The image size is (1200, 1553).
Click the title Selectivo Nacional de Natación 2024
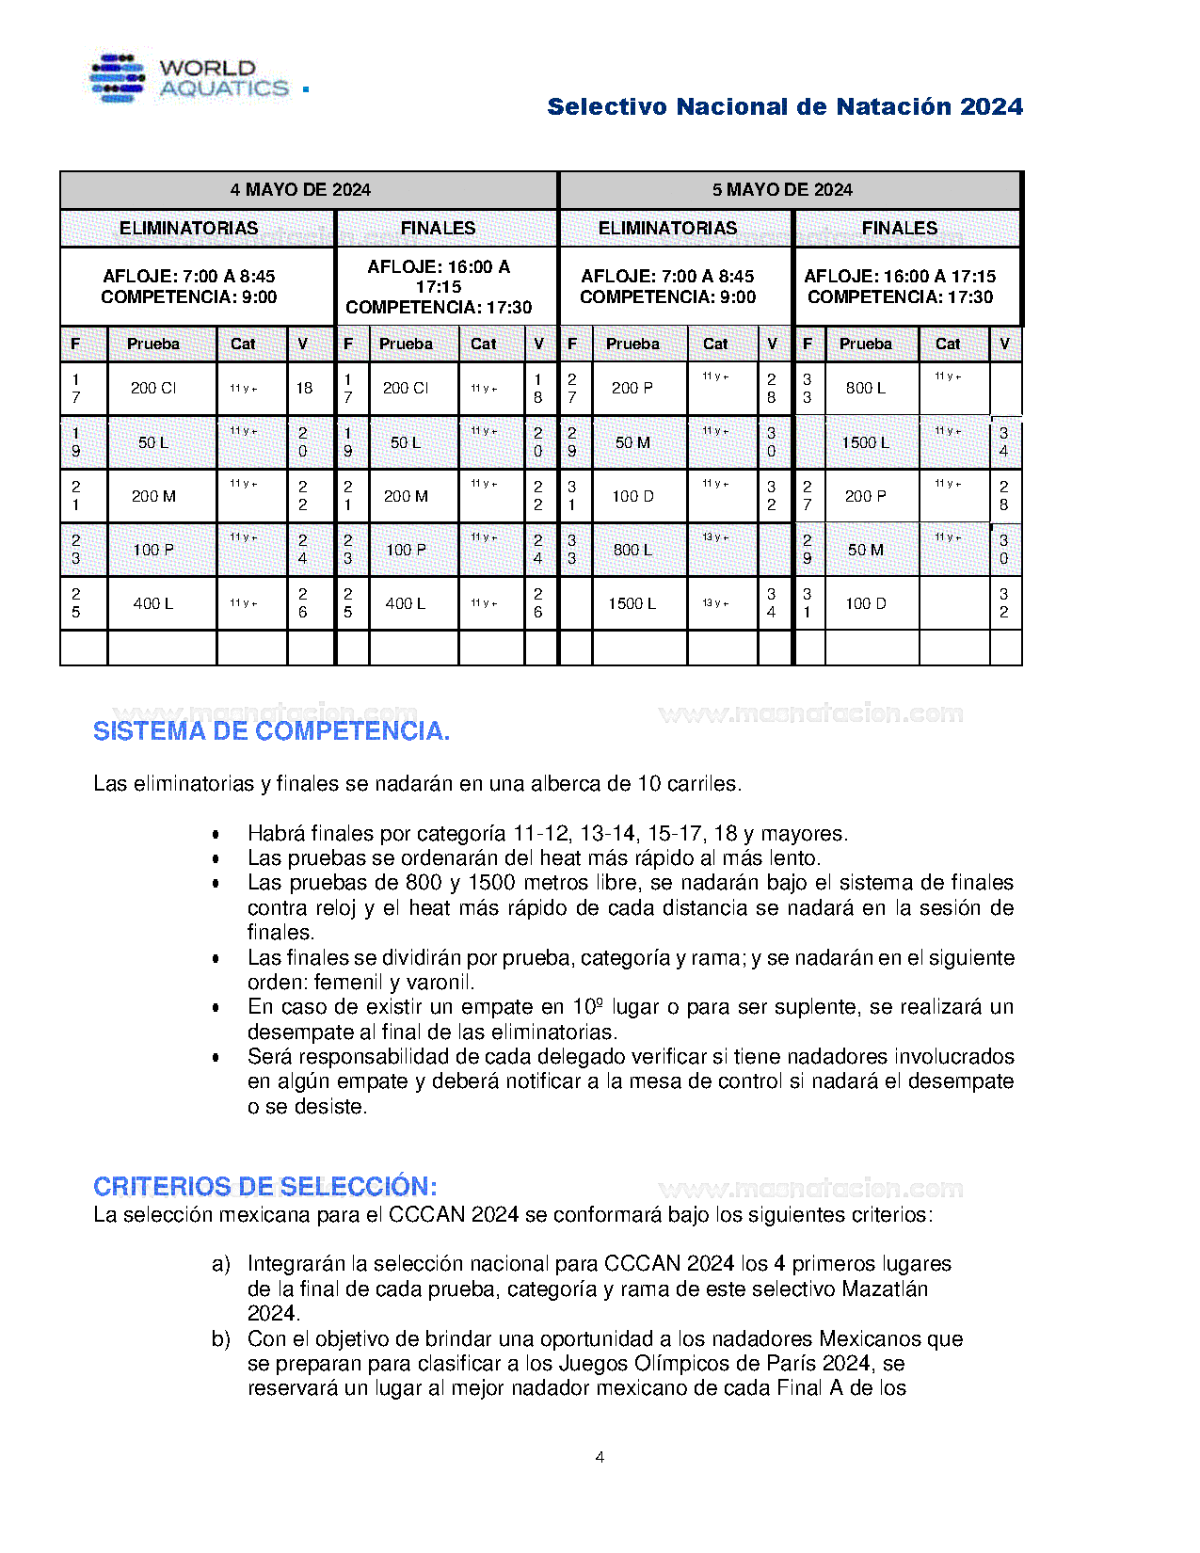click(x=784, y=107)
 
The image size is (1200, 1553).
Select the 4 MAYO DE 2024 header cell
click(x=300, y=190)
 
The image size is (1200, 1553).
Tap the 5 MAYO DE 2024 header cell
click(x=782, y=190)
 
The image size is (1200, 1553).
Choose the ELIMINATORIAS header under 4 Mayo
click(x=188, y=229)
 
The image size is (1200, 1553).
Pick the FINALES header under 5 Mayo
click(x=899, y=229)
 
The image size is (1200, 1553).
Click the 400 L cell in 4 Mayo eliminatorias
click(x=153, y=603)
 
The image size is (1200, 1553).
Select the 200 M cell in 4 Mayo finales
click(x=406, y=496)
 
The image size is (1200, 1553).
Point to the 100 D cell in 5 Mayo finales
click(x=865, y=603)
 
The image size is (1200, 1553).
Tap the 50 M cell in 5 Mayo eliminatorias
click(x=632, y=442)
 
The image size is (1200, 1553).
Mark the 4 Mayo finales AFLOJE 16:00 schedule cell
click(x=439, y=287)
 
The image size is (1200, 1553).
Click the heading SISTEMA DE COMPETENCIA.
click(x=271, y=731)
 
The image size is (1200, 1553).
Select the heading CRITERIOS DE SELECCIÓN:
click(x=265, y=1186)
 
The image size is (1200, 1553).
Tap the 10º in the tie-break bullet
click(x=587, y=1007)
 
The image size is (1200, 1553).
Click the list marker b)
click(x=221, y=1339)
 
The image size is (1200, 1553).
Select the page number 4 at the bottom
click(x=600, y=1457)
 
